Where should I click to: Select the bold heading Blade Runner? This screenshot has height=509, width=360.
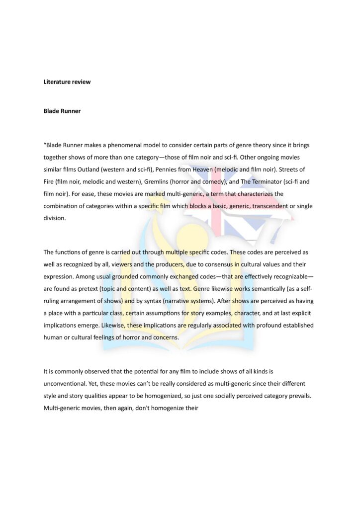(x=62, y=111)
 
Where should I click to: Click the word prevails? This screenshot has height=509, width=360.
(x=298, y=396)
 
